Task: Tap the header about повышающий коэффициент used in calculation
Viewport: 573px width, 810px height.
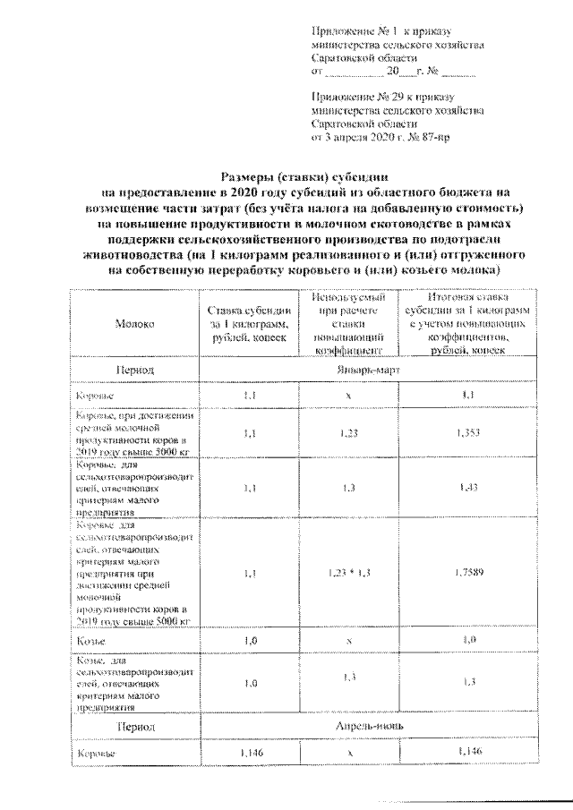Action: [348, 324]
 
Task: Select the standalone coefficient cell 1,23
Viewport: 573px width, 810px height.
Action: [348, 433]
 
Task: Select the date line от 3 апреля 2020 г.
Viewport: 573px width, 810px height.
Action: [387, 139]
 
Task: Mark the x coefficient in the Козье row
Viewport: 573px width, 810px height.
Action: [348, 642]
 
